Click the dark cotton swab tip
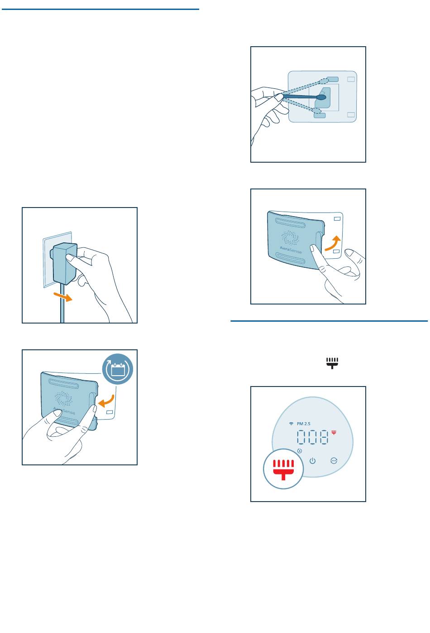pos(321,97)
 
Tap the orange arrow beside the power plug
pos(63,297)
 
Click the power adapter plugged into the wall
pos(64,263)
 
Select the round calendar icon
pos(117,368)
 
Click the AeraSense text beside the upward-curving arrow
pos(291,249)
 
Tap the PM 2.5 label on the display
pos(304,424)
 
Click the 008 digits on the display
pos(313,437)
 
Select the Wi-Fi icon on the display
pos(291,424)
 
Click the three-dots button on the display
pos(334,461)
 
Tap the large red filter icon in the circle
pos(283,469)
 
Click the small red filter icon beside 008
pos(334,432)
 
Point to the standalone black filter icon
pos(332,363)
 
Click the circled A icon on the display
pos(300,451)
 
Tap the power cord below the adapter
pos(62,303)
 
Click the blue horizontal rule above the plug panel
pos(100,10)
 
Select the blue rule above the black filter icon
pos(329,321)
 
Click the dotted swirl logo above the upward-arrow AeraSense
pos(290,238)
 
